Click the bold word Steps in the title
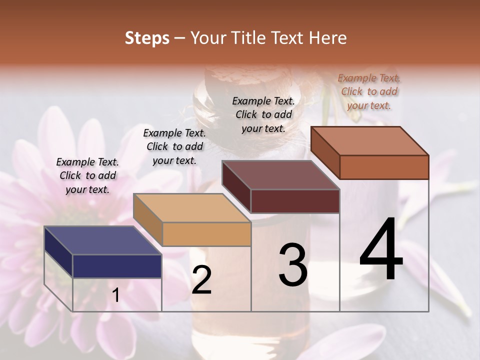(147, 38)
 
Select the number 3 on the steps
(293, 264)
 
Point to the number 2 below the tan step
(201, 280)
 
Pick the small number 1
(115, 295)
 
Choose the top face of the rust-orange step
(369, 141)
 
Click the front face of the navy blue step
(117, 266)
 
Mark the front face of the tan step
(206, 234)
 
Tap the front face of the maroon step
(295, 201)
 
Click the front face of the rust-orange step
(384, 167)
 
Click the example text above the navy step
(87, 175)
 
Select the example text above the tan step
(174, 146)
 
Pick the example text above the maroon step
(263, 114)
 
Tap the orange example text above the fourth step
(369, 91)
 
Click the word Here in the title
(329, 38)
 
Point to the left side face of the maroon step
(236, 187)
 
